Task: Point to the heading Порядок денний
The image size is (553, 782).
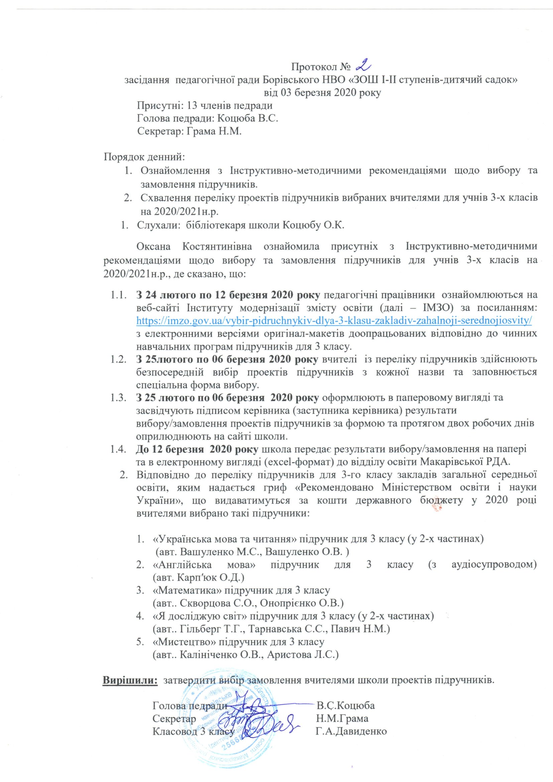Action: tap(144, 157)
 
